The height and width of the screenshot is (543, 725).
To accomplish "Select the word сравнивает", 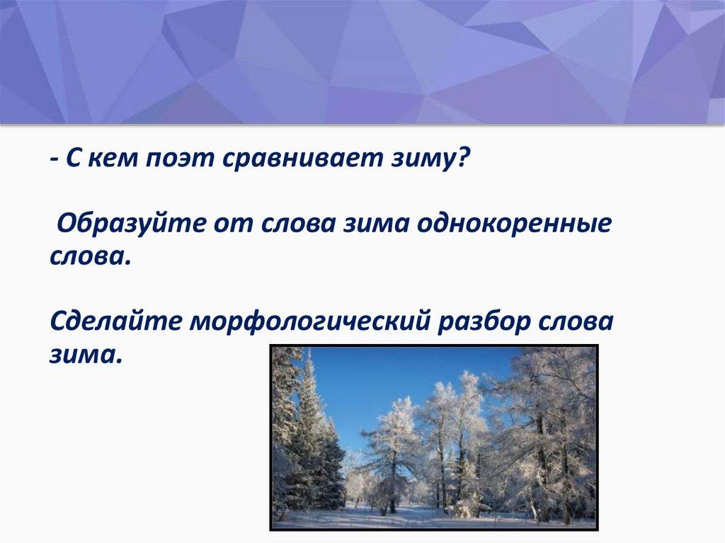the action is (x=302, y=159).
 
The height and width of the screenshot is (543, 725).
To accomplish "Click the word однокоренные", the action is (x=514, y=225).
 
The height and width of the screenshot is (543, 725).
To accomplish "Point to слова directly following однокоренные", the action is (x=90, y=256).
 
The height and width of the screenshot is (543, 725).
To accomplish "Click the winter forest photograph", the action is (x=434, y=438).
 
